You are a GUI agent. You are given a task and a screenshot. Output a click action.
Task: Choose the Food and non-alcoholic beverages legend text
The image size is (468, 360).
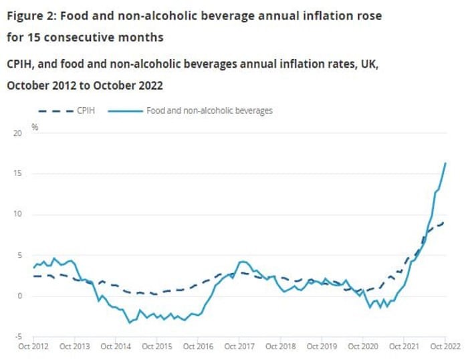[x=209, y=110]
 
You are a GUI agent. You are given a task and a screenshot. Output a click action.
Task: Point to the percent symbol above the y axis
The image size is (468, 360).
[x=35, y=126]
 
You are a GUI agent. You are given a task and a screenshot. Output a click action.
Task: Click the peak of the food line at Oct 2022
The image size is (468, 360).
[x=445, y=163]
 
